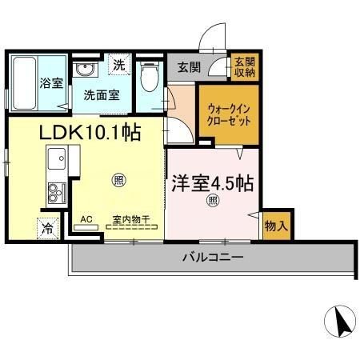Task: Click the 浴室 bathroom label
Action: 51,83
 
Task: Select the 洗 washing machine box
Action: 119,64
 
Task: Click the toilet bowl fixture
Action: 147,77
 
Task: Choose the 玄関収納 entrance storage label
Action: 244,67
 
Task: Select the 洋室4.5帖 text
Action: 212,183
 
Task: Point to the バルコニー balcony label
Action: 212,258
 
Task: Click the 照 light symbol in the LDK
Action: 118,179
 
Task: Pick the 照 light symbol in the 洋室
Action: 213,200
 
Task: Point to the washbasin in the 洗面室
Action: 84,70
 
